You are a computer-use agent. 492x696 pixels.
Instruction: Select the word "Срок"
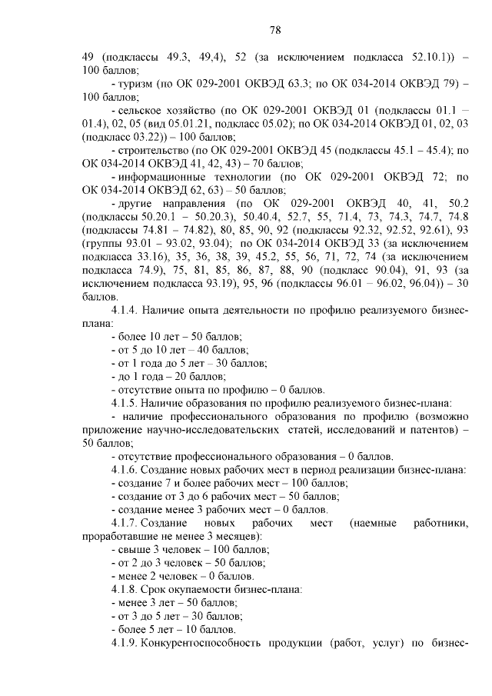click(x=156, y=589)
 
